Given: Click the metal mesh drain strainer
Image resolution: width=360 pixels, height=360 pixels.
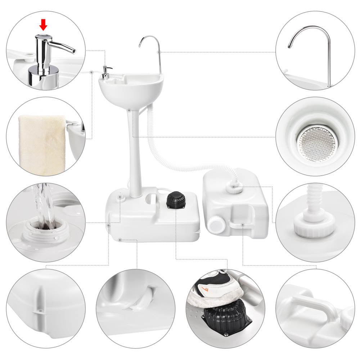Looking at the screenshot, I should [317, 143].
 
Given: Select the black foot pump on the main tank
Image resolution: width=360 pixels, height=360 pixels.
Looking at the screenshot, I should [175, 199].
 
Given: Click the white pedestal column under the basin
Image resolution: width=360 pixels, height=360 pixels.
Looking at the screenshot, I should [135, 155].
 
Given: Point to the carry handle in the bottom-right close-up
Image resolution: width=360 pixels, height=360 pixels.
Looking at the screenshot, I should [313, 306].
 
